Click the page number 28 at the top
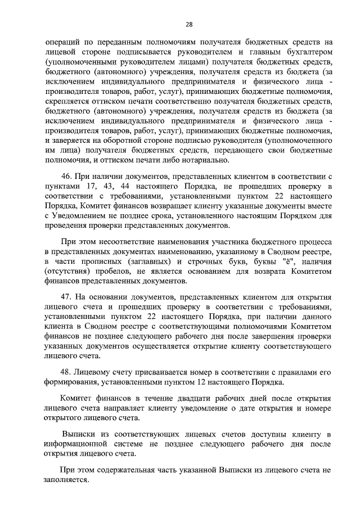(189, 23)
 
